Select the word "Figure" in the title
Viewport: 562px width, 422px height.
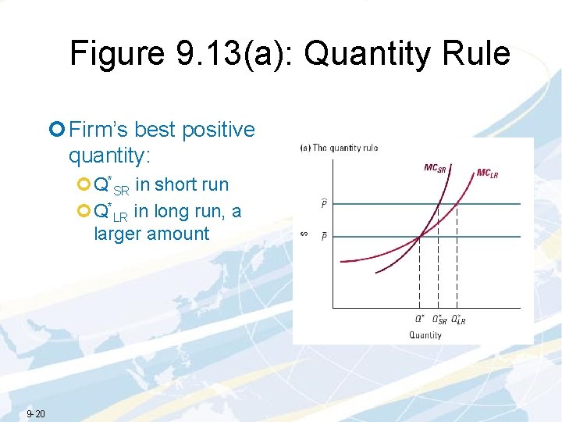(116, 54)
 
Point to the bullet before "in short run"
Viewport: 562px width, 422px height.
(84, 185)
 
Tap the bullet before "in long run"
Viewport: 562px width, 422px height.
(84, 211)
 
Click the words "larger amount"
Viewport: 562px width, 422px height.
(151, 234)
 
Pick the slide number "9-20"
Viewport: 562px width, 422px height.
(36, 413)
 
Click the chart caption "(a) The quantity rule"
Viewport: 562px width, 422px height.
(340, 148)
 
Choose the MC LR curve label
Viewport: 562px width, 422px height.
(486, 173)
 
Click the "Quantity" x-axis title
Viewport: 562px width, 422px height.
(425, 335)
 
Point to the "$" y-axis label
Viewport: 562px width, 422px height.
(305, 232)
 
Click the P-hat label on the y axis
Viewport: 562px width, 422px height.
(325, 204)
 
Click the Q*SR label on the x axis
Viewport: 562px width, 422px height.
(439, 320)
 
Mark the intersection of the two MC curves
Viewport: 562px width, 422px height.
(420, 236)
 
